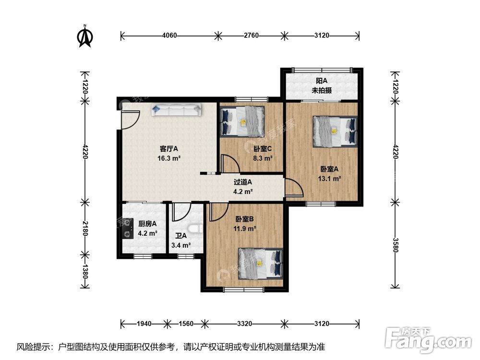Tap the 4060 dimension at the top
(x=169, y=36)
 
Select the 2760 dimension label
(x=251, y=36)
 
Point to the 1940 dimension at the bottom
(x=144, y=324)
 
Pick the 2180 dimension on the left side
(x=85, y=228)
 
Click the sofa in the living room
(x=176, y=110)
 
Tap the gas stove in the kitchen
(x=127, y=228)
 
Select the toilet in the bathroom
(x=195, y=229)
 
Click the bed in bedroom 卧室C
(x=242, y=121)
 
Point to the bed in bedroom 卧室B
(x=261, y=264)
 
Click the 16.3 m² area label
(x=169, y=158)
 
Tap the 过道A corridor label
(x=243, y=182)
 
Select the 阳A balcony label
(x=322, y=81)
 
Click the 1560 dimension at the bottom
(x=186, y=324)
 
